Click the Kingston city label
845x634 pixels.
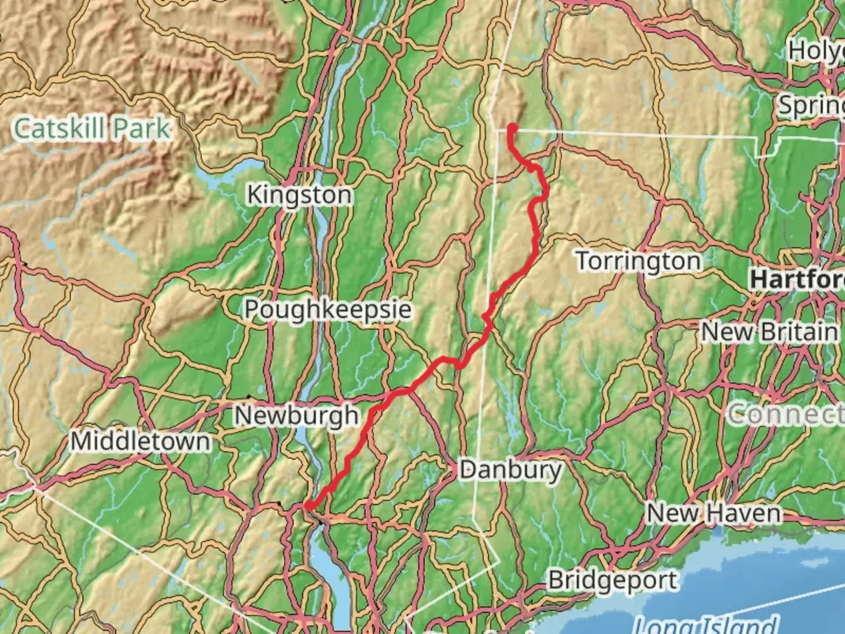[x=299, y=194]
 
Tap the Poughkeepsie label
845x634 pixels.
[x=327, y=309]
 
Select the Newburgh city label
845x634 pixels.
[x=296, y=416]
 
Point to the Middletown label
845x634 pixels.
[x=140, y=441]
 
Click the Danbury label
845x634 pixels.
[x=511, y=470]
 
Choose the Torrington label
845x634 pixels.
[x=638, y=261]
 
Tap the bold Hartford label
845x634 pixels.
[x=797, y=279]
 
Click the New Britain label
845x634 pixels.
[x=769, y=332]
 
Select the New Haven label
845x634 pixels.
[x=714, y=514]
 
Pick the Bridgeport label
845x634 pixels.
[x=613, y=581]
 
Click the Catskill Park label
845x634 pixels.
[x=92, y=129]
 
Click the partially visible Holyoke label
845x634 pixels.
[x=816, y=51]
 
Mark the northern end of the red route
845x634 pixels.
[x=512, y=127]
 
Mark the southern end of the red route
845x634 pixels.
[x=307, y=505]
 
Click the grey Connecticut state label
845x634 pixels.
[x=786, y=414]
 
